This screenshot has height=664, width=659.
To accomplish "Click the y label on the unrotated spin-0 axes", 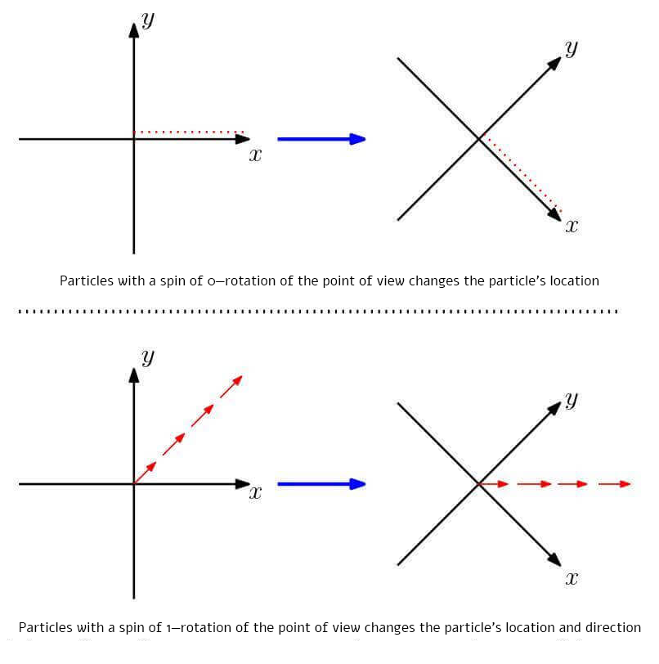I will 148,20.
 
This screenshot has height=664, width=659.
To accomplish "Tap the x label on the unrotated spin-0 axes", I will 255,155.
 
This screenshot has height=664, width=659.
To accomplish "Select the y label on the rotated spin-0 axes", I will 571,48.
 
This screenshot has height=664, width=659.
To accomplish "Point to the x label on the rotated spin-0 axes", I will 572,226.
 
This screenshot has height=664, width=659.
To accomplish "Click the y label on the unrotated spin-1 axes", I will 148,357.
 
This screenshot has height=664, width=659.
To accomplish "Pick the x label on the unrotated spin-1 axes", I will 255,493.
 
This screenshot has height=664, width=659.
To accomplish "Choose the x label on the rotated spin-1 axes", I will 572,579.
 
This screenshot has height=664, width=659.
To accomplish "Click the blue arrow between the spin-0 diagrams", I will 321,139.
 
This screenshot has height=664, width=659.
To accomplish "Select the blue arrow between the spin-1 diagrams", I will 321,484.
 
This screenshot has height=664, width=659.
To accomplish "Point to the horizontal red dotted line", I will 189,132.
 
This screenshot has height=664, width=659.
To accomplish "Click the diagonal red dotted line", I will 521,174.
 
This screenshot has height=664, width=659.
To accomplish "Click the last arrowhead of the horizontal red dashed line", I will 625,484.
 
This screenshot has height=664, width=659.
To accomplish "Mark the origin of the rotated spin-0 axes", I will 479,139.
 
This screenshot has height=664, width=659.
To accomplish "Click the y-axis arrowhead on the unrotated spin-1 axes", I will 133,375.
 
